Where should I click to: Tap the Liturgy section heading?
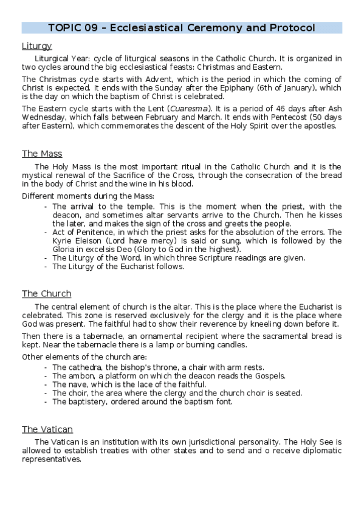pos(36,46)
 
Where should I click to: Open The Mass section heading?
pos(42,154)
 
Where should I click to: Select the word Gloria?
pos(65,250)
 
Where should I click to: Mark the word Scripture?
pos(223,258)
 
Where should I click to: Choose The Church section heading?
pos(47,294)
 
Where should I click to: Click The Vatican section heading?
pos(47,429)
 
